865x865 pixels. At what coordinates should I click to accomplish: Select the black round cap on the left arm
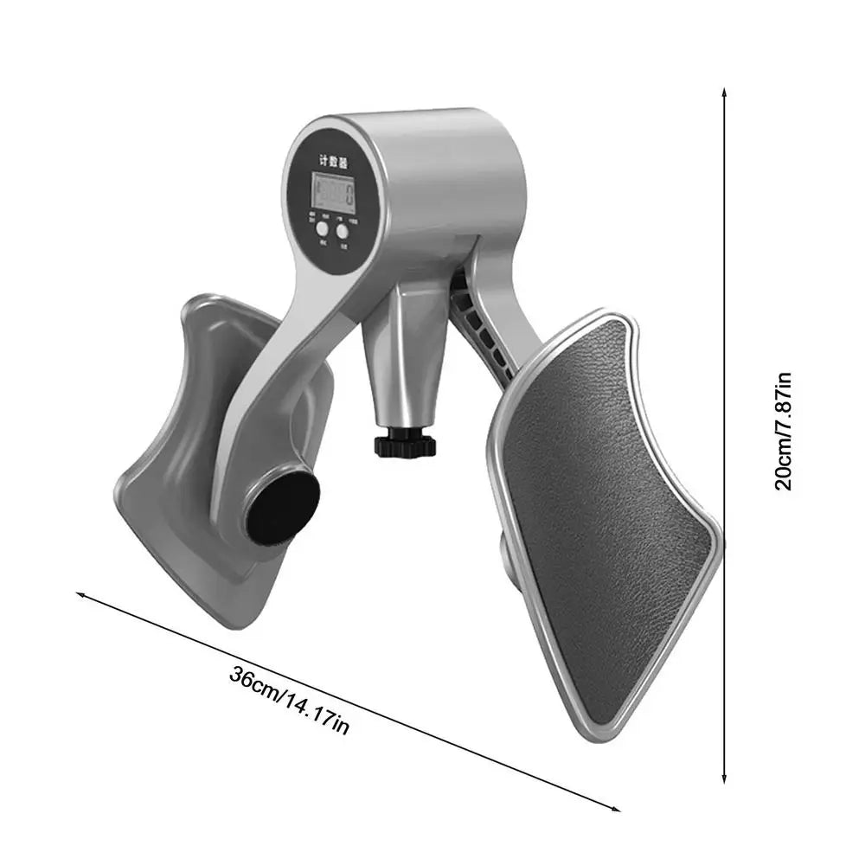pyautogui.click(x=282, y=509)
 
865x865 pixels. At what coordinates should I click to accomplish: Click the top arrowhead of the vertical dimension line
pyautogui.click(x=725, y=90)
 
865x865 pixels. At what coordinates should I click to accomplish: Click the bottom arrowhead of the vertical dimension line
pyautogui.click(x=725, y=781)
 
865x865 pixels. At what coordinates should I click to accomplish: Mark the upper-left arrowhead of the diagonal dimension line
pyautogui.click(x=80, y=595)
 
